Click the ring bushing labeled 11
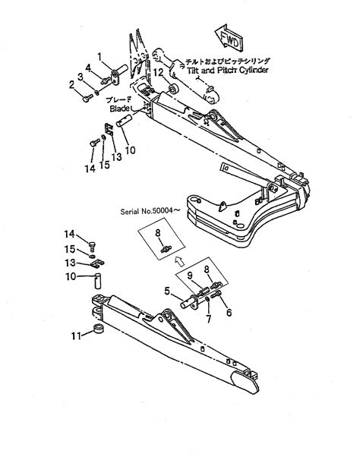coord(96,331)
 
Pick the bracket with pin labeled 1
coord(118,76)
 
